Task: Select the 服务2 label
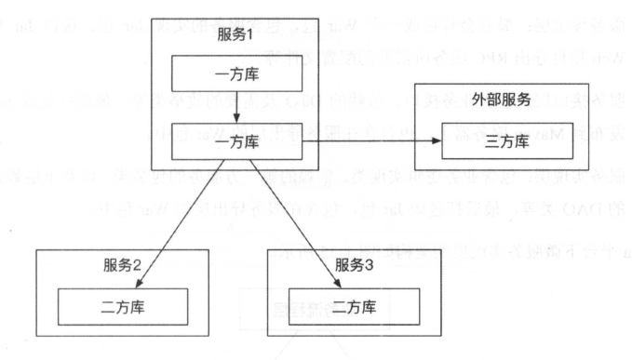pyautogui.click(x=122, y=263)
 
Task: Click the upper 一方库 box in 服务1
pyautogui.click(x=236, y=73)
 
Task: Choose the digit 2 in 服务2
pyautogui.click(x=139, y=263)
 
